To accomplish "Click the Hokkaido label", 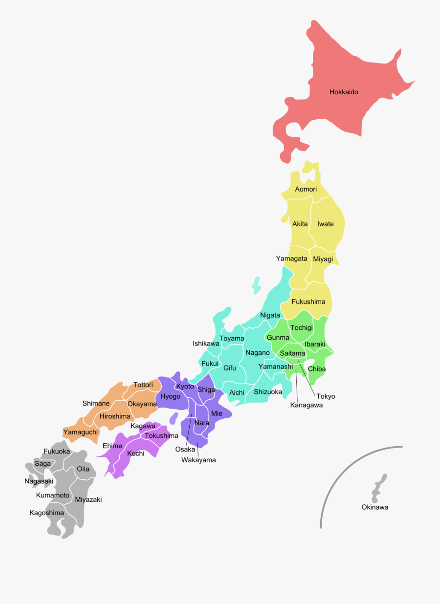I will pos(344,92).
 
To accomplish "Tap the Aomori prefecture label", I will pos(306,189).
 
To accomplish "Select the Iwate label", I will pos(325,224).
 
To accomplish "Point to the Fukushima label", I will pos(308,302).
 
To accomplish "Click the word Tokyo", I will pos(326,396).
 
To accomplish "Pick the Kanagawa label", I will pos(307,405).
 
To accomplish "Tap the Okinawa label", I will pos(375,507).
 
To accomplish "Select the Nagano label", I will pos(258,352).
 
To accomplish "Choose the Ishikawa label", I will pos(206,344).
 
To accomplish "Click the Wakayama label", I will pos(198,460).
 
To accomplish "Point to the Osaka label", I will pos(185,449).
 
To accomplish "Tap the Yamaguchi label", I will pos(81,432).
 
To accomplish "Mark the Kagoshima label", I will pos(46,513).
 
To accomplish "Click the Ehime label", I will pos(112,446).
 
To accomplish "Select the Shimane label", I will pos(96,403).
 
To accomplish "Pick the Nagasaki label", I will pos(39,481).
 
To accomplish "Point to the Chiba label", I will pos(317,369).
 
